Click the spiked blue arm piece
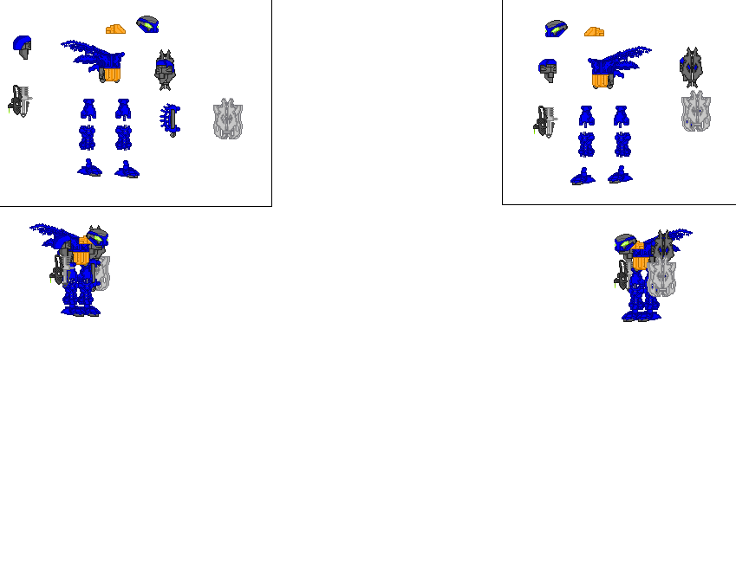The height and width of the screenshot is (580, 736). pyautogui.click(x=170, y=119)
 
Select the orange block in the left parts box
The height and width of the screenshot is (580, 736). pyautogui.click(x=115, y=29)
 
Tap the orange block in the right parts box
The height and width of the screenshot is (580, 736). pyautogui.click(x=594, y=32)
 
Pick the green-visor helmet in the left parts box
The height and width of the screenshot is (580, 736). pyautogui.click(x=147, y=24)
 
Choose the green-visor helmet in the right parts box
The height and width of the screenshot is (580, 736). pyautogui.click(x=556, y=29)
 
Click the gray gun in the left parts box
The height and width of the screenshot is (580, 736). pyautogui.click(x=20, y=101)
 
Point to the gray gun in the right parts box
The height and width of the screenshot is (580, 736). pyautogui.click(x=545, y=122)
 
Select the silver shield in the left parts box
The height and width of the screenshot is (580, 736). pyautogui.click(x=228, y=119)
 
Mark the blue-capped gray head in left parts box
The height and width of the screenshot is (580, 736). pyautogui.click(x=23, y=47)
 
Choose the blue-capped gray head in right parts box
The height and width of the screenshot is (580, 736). pyautogui.click(x=547, y=70)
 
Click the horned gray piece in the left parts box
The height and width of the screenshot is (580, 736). pyautogui.click(x=165, y=69)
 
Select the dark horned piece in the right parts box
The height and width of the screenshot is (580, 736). pyautogui.click(x=691, y=68)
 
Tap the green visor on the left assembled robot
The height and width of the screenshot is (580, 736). pyautogui.click(x=95, y=236)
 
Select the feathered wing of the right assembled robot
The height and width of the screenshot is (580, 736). pyautogui.click(x=681, y=235)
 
